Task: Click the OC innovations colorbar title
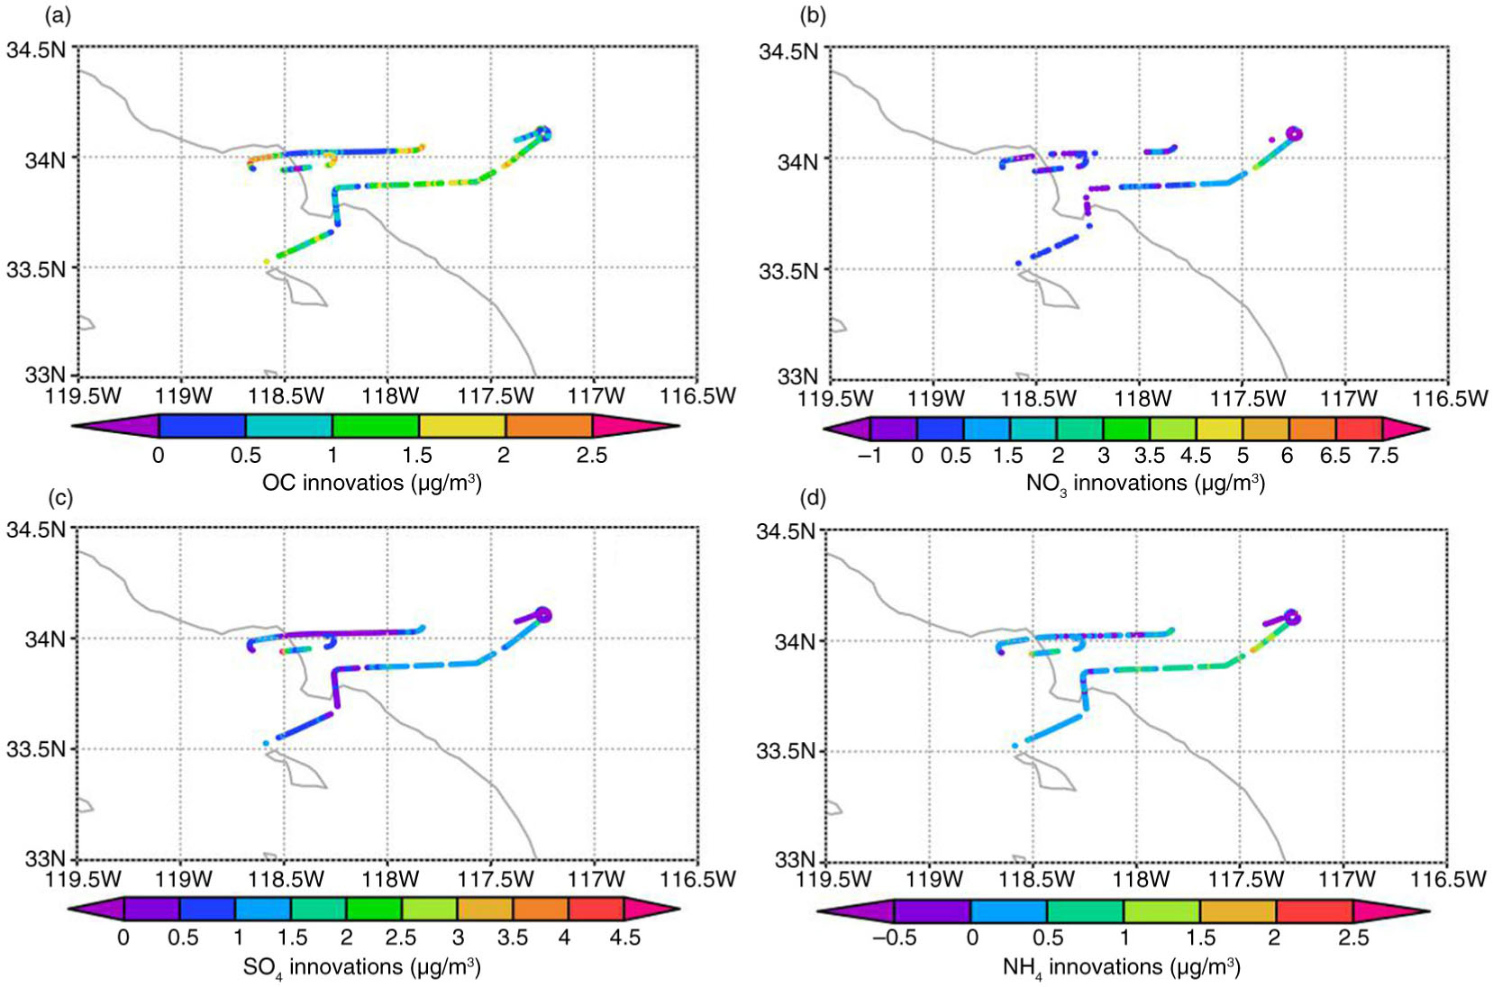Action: point(372,483)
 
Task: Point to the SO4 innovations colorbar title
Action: point(361,967)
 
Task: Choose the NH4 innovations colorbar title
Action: point(1121,967)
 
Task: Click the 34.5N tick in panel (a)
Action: point(36,50)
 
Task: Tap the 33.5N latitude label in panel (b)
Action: point(788,271)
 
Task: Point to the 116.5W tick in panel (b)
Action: point(1451,398)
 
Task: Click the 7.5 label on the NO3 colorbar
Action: point(1382,456)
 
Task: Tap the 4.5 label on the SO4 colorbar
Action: point(624,937)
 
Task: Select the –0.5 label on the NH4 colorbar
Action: point(895,937)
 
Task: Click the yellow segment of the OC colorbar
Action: point(462,426)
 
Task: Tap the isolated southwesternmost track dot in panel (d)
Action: point(1015,746)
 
